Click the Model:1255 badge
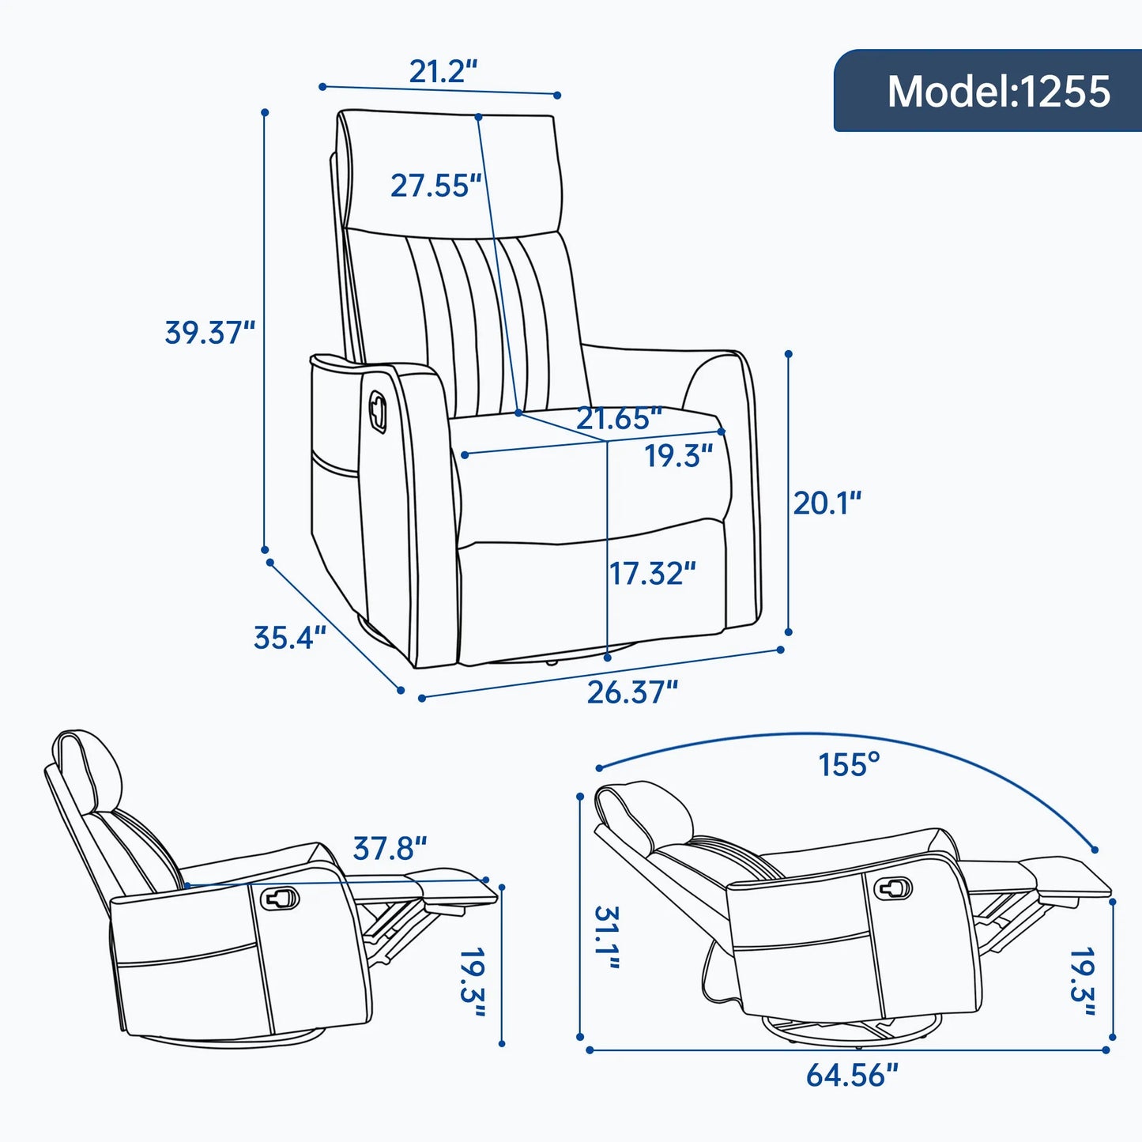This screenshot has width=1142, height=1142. click(988, 91)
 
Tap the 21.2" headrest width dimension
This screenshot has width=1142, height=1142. click(443, 72)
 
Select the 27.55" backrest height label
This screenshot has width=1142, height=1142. click(435, 186)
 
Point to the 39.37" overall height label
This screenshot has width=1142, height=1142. click(209, 332)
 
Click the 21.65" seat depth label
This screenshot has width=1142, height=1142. click(618, 418)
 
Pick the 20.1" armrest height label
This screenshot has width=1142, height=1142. click(827, 503)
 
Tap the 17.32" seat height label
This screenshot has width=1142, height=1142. click(652, 574)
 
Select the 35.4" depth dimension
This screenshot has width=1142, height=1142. click(289, 638)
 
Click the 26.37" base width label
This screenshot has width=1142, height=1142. click(632, 692)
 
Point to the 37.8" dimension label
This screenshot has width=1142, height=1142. click(390, 849)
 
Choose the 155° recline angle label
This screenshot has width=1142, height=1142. click(849, 765)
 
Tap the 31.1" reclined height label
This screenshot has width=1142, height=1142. click(607, 937)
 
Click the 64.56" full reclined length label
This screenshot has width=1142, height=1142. click(852, 1076)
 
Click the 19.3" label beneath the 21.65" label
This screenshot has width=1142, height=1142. click(678, 456)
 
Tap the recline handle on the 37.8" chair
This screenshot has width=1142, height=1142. click(281, 898)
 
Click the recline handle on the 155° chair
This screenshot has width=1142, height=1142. click(893, 888)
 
